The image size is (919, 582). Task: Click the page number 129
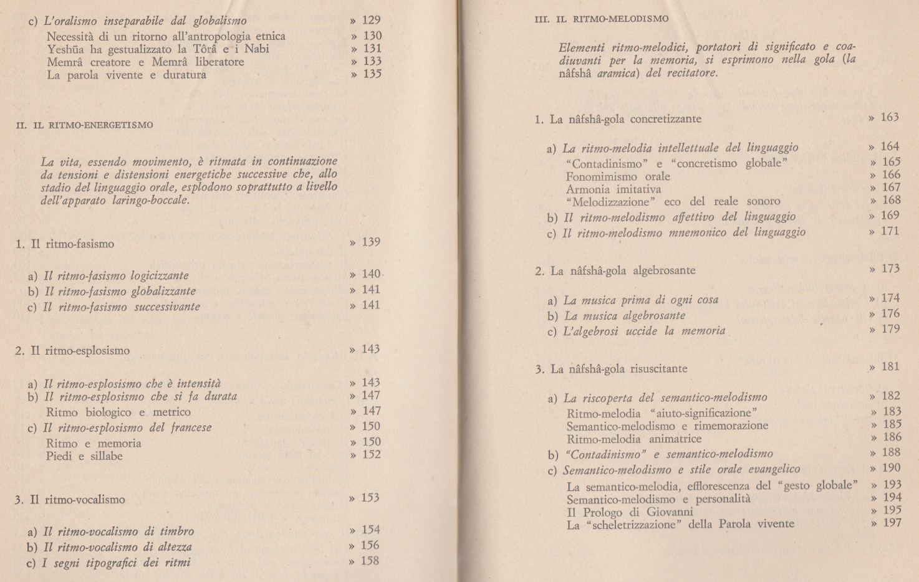[371, 21]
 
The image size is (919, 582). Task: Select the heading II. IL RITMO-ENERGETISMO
[84, 125]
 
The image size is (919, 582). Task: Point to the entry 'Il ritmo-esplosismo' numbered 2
[73, 350]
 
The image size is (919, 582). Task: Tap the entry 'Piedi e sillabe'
[84, 456]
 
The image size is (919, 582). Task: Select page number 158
[370, 561]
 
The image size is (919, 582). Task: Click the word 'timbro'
[177, 532]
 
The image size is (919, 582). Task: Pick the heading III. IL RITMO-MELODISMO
[601, 19]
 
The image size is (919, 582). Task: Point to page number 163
[889, 117]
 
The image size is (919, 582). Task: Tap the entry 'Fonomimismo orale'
[617, 176]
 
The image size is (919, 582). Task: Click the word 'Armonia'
[587, 189]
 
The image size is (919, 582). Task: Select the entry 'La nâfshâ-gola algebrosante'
[615, 270]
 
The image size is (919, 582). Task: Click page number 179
[890, 329]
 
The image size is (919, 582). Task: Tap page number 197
[892, 523]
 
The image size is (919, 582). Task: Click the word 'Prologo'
[602, 512]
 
